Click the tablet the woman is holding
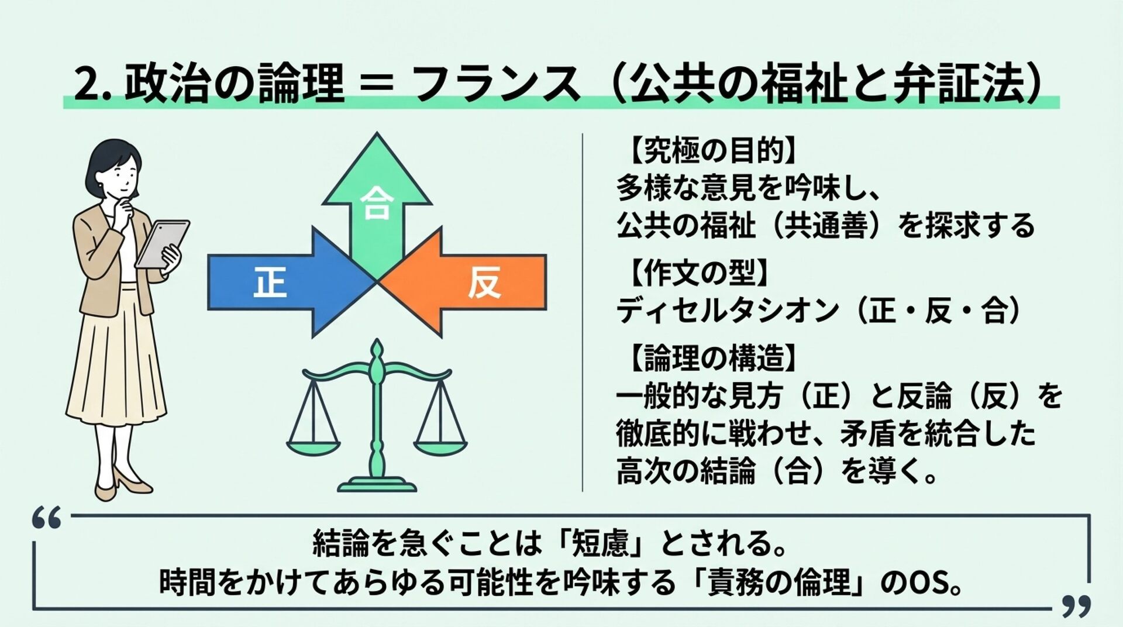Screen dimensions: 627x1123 tap(162, 244)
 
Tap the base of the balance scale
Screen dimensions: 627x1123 tap(377, 485)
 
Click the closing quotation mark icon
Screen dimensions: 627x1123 tap(1076, 607)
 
